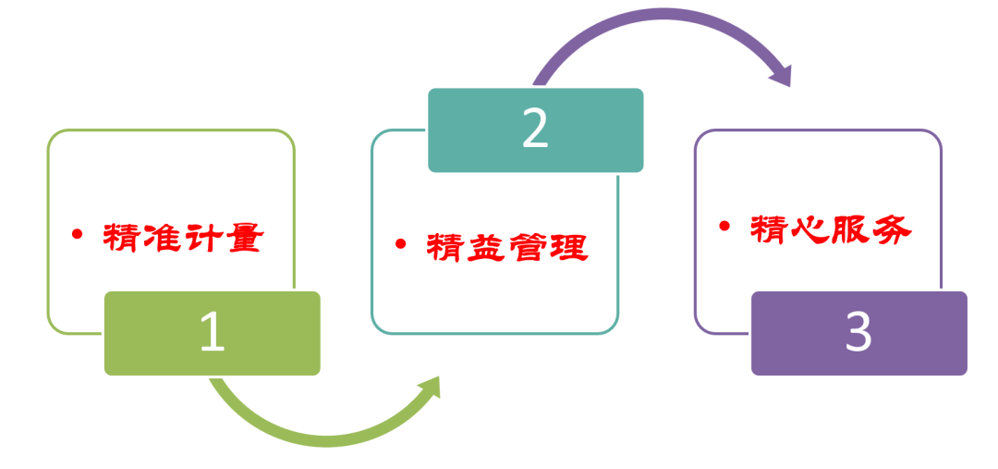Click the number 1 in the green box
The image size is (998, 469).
(x=213, y=333)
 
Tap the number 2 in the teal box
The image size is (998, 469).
(x=535, y=130)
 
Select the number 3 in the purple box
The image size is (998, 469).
(x=858, y=333)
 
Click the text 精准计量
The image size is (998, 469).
(x=183, y=239)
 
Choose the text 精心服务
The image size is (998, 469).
(x=830, y=229)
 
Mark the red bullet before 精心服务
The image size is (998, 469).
(x=724, y=227)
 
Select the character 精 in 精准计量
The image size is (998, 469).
(x=123, y=239)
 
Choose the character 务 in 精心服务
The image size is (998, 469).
(x=891, y=229)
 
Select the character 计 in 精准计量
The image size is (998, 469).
(x=203, y=239)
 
